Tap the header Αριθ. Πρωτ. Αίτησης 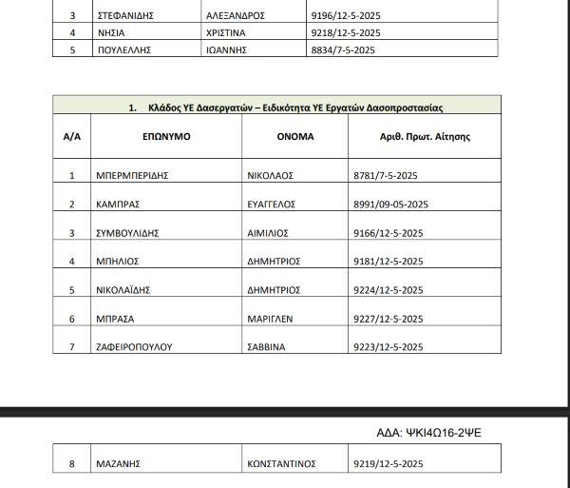(x=425, y=137)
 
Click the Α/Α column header (x=72, y=137)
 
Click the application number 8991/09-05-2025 (x=397, y=204)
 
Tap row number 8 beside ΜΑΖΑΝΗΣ (x=72, y=464)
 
